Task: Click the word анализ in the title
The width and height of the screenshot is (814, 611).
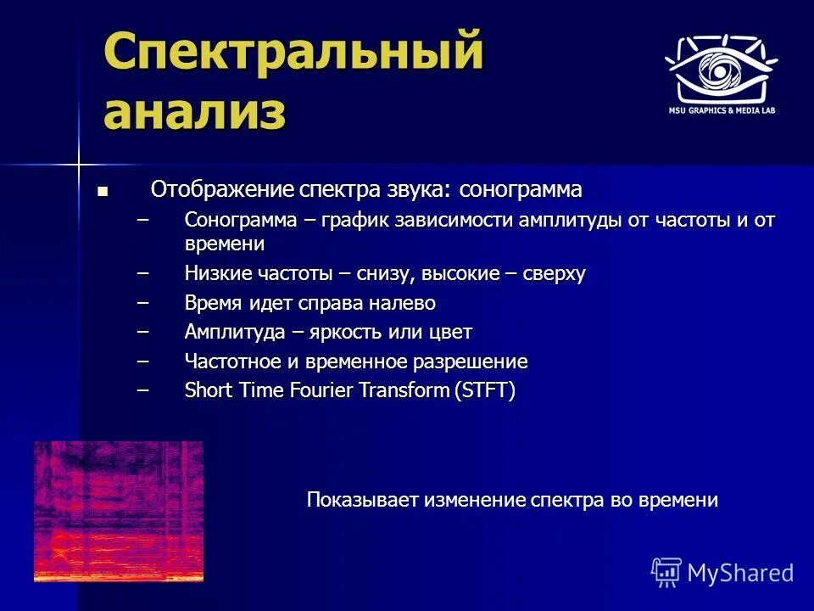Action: coord(194,111)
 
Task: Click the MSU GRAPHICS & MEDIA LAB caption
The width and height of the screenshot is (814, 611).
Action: coord(721,110)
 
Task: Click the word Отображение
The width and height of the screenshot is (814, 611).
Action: coord(223,188)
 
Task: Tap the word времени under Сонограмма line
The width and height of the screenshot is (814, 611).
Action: coord(225,244)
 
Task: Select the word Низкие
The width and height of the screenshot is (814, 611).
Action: coord(214,274)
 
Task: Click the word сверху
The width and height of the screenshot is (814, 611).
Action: coord(552,274)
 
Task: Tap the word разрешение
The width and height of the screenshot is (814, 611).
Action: coord(470,362)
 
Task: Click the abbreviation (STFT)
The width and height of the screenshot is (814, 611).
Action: coord(485,390)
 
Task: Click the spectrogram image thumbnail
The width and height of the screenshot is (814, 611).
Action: coord(119,511)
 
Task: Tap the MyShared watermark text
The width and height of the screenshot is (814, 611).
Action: coord(740,573)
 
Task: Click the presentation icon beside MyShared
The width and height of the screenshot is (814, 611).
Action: coord(666,573)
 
